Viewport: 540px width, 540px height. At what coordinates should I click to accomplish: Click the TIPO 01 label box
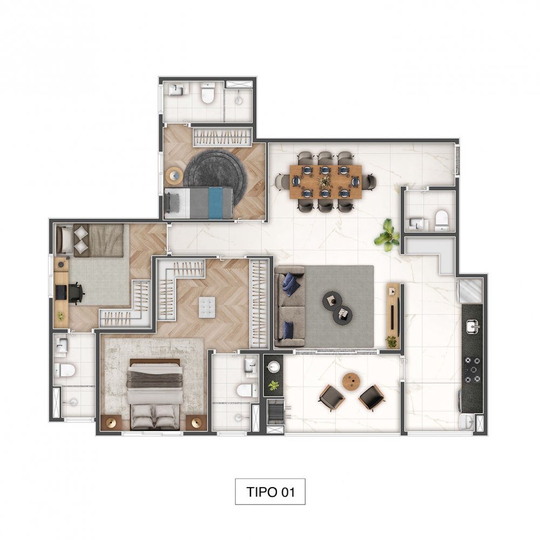coord(270,491)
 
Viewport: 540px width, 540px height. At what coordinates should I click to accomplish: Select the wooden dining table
coord(326,181)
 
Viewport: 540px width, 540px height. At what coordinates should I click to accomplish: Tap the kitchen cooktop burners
coord(472,370)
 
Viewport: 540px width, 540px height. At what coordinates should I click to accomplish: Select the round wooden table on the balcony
coord(352,382)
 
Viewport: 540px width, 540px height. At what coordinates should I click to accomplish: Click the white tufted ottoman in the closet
coord(207,307)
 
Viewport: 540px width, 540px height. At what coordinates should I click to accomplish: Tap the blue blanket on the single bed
coord(215,203)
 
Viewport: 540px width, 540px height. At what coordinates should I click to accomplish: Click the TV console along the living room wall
coord(393,315)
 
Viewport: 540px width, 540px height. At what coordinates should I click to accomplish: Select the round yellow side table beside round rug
coord(175,175)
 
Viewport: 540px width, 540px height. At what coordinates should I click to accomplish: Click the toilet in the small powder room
coord(441,220)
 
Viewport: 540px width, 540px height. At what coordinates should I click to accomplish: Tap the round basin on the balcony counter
coord(274,366)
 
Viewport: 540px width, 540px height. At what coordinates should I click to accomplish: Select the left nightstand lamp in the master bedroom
coord(111,423)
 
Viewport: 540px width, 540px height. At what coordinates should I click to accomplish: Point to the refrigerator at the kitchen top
coord(470,291)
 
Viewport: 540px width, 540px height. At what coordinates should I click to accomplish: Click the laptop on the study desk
coord(62,292)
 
